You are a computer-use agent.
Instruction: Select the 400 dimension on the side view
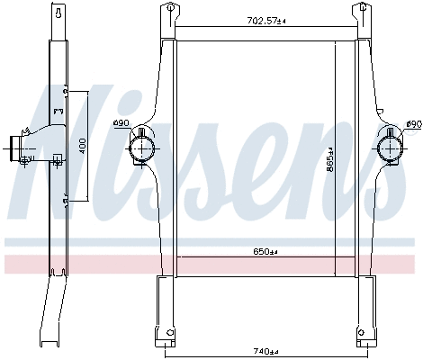coord(82,146)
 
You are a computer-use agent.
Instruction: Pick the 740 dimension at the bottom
coord(266,350)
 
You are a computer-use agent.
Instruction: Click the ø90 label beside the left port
coord(146,123)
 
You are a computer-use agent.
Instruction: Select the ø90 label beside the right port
coord(412,123)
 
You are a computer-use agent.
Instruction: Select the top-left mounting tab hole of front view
coord(167,11)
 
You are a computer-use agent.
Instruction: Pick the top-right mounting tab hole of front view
coord(365,11)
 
